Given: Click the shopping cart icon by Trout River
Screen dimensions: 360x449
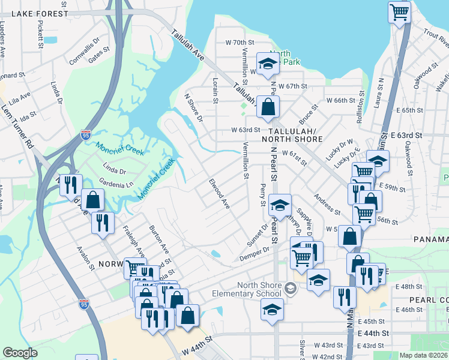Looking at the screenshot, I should click(400, 11).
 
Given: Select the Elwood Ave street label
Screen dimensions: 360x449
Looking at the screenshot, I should click(220, 193).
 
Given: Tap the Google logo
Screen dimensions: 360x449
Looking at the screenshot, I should click(19, 353).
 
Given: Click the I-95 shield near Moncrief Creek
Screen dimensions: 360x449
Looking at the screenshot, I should click(86, 135).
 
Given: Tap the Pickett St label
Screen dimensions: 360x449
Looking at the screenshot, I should click(40, 35).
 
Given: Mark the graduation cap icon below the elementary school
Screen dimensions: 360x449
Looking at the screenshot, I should click(272, 310).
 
